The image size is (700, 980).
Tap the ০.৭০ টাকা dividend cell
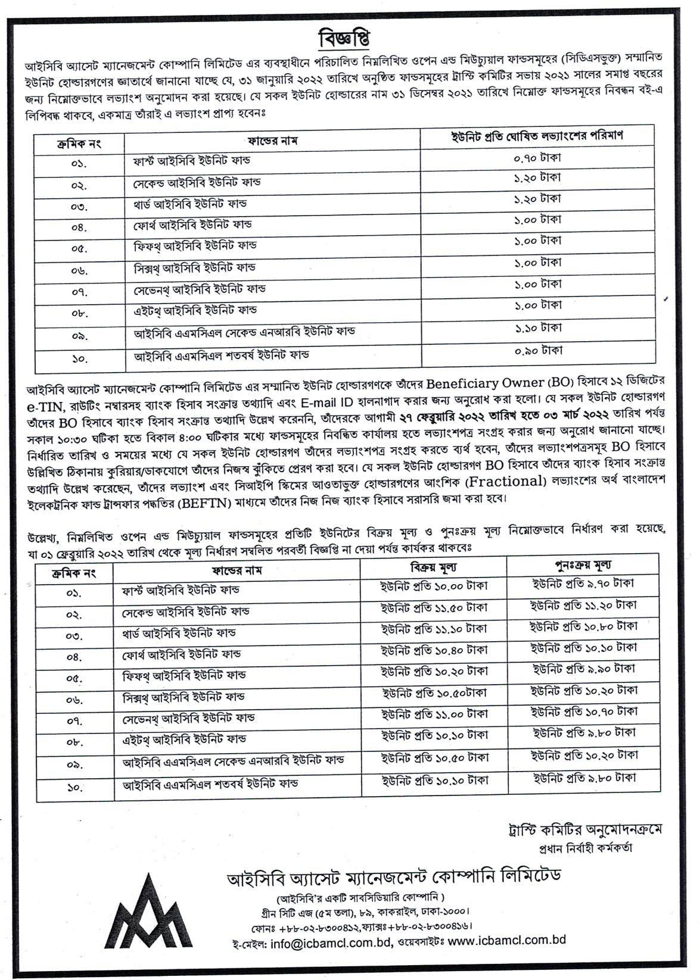pos(537,158)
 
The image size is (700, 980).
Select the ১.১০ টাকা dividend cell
pos(537,328)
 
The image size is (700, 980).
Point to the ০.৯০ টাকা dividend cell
pos(537,351)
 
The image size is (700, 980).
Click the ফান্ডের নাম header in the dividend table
pos(272,141)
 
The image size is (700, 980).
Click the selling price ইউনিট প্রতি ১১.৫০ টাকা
pos(434,608)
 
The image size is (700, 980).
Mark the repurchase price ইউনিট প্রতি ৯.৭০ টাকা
pos(584,584)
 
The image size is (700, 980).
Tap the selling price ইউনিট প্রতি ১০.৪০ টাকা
pos(434,650)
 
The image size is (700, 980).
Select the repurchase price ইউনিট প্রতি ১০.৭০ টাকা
pos(584,711)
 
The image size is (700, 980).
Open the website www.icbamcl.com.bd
pos(506,941)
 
